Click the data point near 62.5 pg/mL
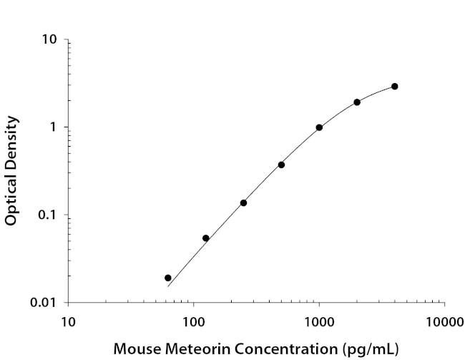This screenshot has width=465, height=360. click(168, 278)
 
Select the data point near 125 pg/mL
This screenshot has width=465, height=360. click(206, 238)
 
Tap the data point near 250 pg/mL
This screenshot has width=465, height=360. click(243, 203)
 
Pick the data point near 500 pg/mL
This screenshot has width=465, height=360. click(281, 165)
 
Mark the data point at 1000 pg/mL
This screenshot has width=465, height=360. click(319, 127)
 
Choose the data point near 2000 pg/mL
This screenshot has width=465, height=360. click(357, 102)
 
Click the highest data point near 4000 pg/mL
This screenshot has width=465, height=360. click(395, 86)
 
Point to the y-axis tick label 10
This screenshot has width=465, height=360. click(49, 39)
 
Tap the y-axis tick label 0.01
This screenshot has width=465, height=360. click(44, 303)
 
